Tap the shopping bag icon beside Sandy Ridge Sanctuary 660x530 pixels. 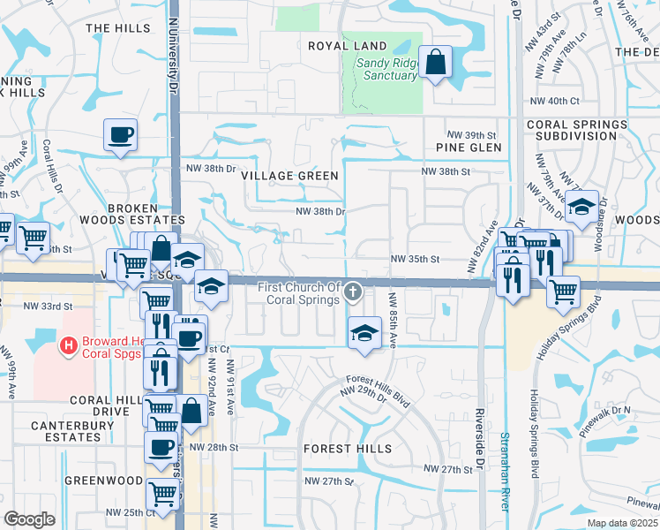pos(436,63)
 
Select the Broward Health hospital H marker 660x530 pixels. pos(66,344)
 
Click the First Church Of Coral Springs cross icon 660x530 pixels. pos(353,292)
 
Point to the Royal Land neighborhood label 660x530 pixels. pos(348,46)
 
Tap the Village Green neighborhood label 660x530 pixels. pos(290,176)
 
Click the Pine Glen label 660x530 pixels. pos(469,148)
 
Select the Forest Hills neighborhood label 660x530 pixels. pos(347,449)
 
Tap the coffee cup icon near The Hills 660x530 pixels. pos(120,136)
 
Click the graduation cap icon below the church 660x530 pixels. pos(361,333)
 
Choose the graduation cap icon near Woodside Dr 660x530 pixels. pos(581,208)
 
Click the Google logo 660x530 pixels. pos(29,519)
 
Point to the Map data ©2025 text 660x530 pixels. pos(622,523)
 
